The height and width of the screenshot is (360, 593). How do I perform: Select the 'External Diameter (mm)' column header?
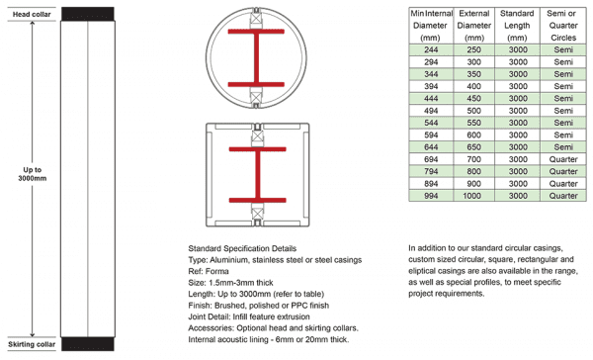pyautogui.click(x=473, y=24)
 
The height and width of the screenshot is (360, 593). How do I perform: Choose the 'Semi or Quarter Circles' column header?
pyautogui.click(x=564, y=24)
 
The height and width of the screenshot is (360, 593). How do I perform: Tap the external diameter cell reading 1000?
pyautogui.click(x=473, y=196)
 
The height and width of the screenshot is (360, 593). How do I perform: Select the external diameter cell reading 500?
pyautogui.click(x=473, y=110)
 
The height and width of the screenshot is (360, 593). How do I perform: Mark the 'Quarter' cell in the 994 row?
pyautogui.click(x=564, y=196)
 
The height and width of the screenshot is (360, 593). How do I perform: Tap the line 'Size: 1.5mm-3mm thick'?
pyautogui.click(x=234, y=282)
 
